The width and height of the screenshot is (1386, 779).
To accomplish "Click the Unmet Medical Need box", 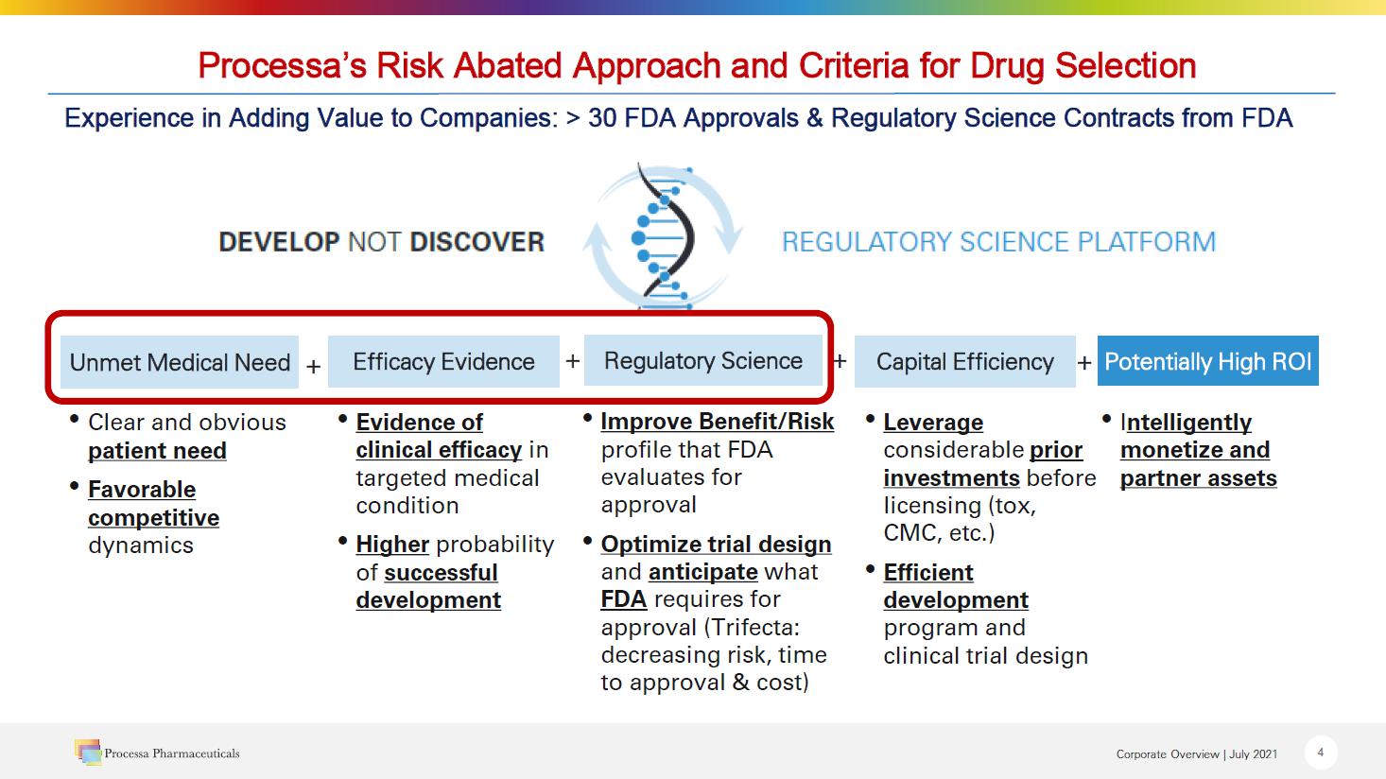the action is [x=180, y=362].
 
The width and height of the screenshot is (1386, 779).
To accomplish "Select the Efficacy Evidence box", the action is [x=443, y=361].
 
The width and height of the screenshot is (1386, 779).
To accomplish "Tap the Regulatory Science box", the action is [x=702, y=360].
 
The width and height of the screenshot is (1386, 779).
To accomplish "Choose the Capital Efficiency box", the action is [x=964, y=361].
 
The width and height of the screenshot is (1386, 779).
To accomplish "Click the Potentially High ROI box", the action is [x=1208, y=361].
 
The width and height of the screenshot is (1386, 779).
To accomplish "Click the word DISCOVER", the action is [x=477, y=242].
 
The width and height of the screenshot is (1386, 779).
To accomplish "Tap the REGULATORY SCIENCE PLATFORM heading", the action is [x=998, y=242].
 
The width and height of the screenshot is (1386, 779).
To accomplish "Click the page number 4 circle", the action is [x=1321, y=753].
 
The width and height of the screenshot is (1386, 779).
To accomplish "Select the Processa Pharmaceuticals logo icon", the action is [x=88, y=752].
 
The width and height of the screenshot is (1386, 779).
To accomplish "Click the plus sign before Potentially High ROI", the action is [x=1084, y=363].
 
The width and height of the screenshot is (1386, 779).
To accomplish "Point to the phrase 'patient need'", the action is [x=157, y=450].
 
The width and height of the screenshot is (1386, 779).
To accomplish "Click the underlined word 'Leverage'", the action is [x=933, y=422].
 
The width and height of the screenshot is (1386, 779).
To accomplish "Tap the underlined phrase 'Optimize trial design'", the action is [x=716, y=545].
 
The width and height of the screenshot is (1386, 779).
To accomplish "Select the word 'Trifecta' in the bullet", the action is [x=753, y=628].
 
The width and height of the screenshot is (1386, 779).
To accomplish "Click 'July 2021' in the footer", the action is [x=1253, y=753].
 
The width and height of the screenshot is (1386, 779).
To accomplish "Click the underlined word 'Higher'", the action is [x=392, y=545].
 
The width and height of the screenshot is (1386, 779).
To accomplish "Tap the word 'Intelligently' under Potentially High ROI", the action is [x=1186, y=422].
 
